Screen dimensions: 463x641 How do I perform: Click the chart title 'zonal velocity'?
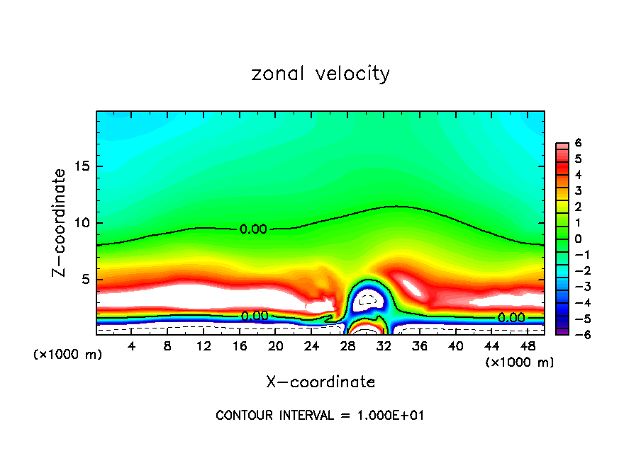point(320,74)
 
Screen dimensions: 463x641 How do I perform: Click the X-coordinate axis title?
point(320,382)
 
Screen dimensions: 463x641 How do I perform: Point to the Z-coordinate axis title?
point(61,222)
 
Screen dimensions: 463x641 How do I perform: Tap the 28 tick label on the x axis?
point(347,346)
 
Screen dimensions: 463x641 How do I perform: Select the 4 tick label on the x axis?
point(131,346)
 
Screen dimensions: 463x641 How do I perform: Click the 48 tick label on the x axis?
point(528,346)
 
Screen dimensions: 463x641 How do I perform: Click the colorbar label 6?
point(578,143)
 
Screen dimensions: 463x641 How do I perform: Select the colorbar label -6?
point(575,334)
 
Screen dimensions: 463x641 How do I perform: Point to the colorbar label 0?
point(578,239)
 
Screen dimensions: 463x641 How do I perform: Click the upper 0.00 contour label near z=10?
point(253,229)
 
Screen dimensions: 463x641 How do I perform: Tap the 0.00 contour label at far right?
point(511,318)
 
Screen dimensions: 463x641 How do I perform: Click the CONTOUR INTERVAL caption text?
point(320,416)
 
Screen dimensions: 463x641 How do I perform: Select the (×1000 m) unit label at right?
point(519,362)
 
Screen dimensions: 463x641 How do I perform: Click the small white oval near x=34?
point(411,288)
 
